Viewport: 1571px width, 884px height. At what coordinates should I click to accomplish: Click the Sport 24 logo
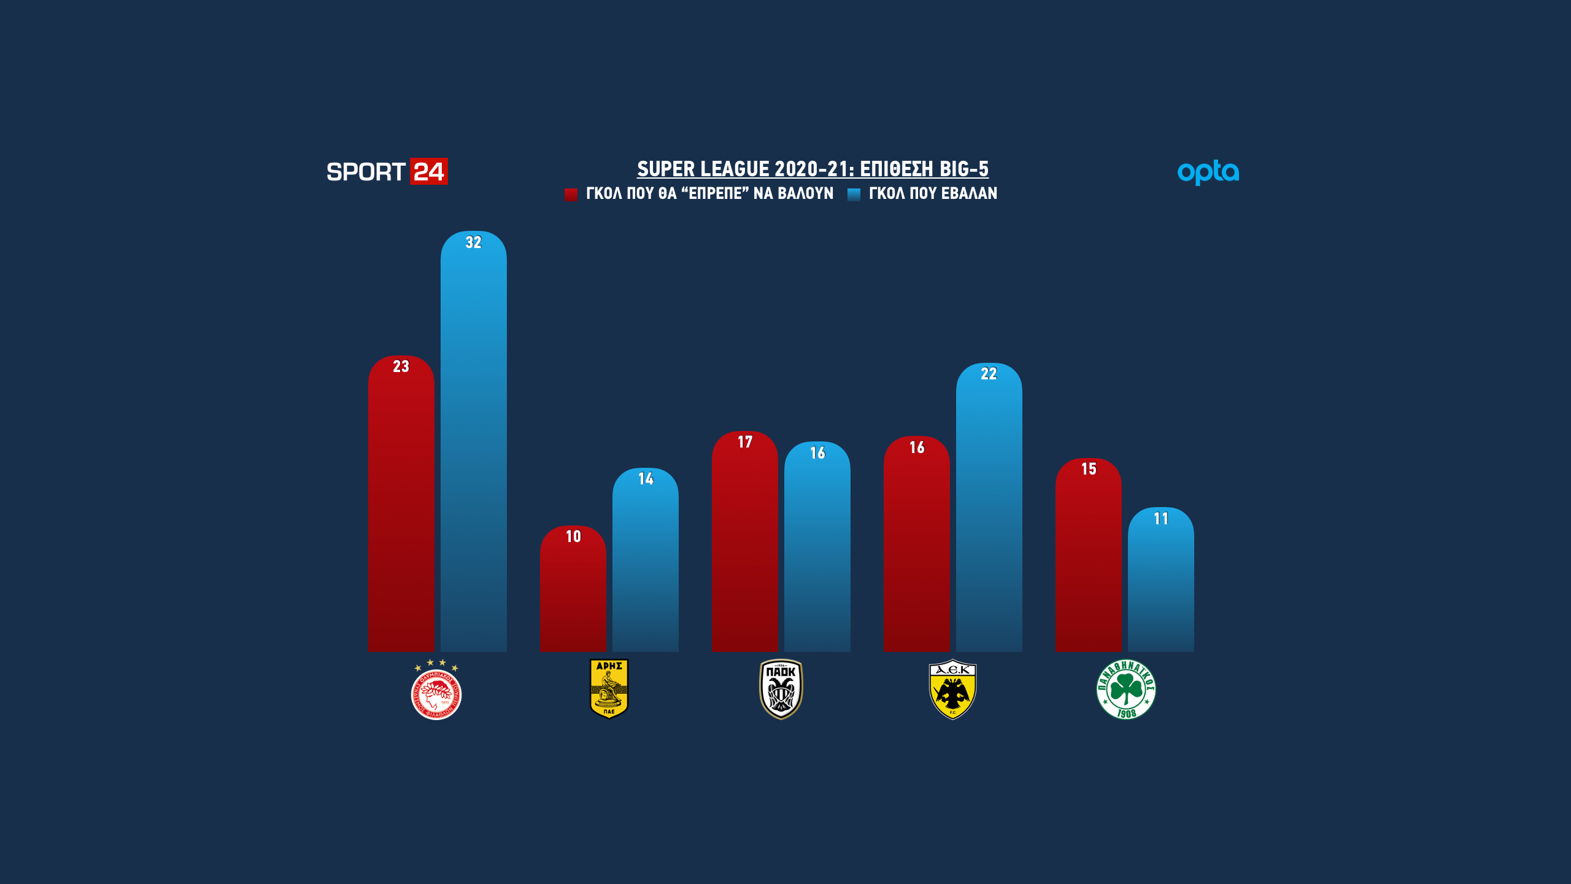tap(387, 172)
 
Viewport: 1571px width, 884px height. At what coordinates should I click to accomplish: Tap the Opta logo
tap(1208, 173)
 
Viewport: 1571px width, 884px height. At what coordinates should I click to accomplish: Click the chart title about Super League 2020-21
tap(813, 169)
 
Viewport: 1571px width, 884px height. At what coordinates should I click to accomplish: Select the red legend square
tap(571, 195)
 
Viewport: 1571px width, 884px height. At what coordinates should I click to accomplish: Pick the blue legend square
tap(854, 195)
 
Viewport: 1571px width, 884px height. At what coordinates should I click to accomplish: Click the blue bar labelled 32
tap(473, 442)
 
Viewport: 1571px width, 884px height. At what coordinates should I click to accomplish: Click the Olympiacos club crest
tap(436, 691)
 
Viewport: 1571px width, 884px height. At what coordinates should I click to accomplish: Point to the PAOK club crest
tap(781, 689)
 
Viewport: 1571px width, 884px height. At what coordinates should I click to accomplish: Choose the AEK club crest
tap(952, 689)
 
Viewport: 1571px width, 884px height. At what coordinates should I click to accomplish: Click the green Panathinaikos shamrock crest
tap(1126, 689)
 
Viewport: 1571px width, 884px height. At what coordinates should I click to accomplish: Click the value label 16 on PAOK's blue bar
tap(817, 453)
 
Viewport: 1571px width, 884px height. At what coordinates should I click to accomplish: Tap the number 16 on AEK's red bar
tap(917, 448)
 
